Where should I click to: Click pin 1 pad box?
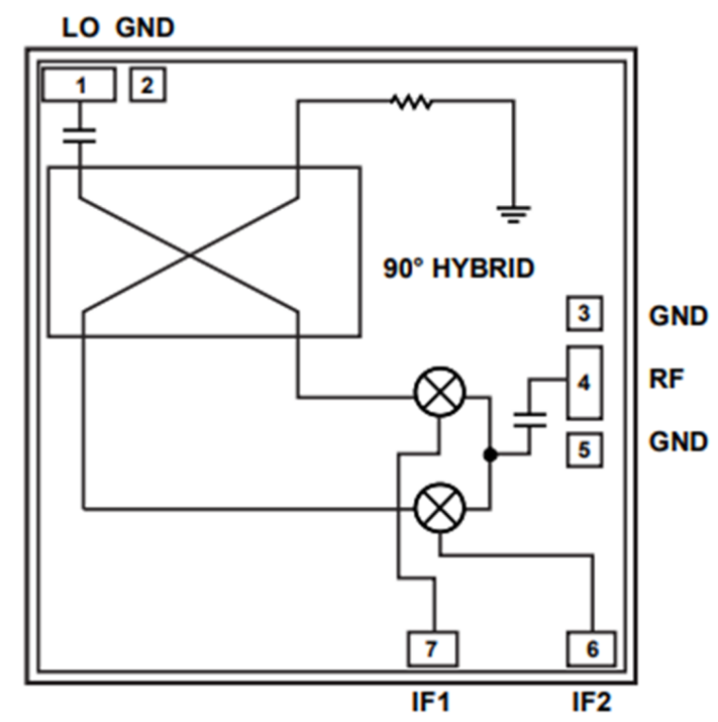tap(79, 85)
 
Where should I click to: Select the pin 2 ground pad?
tap(146, 85)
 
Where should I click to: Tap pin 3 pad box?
tap(584, 313)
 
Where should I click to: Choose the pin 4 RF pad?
tap(584, 383)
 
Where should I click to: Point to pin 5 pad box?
tap(584, 450)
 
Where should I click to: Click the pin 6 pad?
tap(591, 648)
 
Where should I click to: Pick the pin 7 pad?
tap(432, 648)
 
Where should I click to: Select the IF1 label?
tap(432, 702)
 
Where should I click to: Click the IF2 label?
tap(592, 702)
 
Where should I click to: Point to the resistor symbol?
tap(409, 101)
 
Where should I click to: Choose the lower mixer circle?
tap(440, 508)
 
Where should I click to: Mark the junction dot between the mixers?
tap(489, 455)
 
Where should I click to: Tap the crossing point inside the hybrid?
tap(191, 253)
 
